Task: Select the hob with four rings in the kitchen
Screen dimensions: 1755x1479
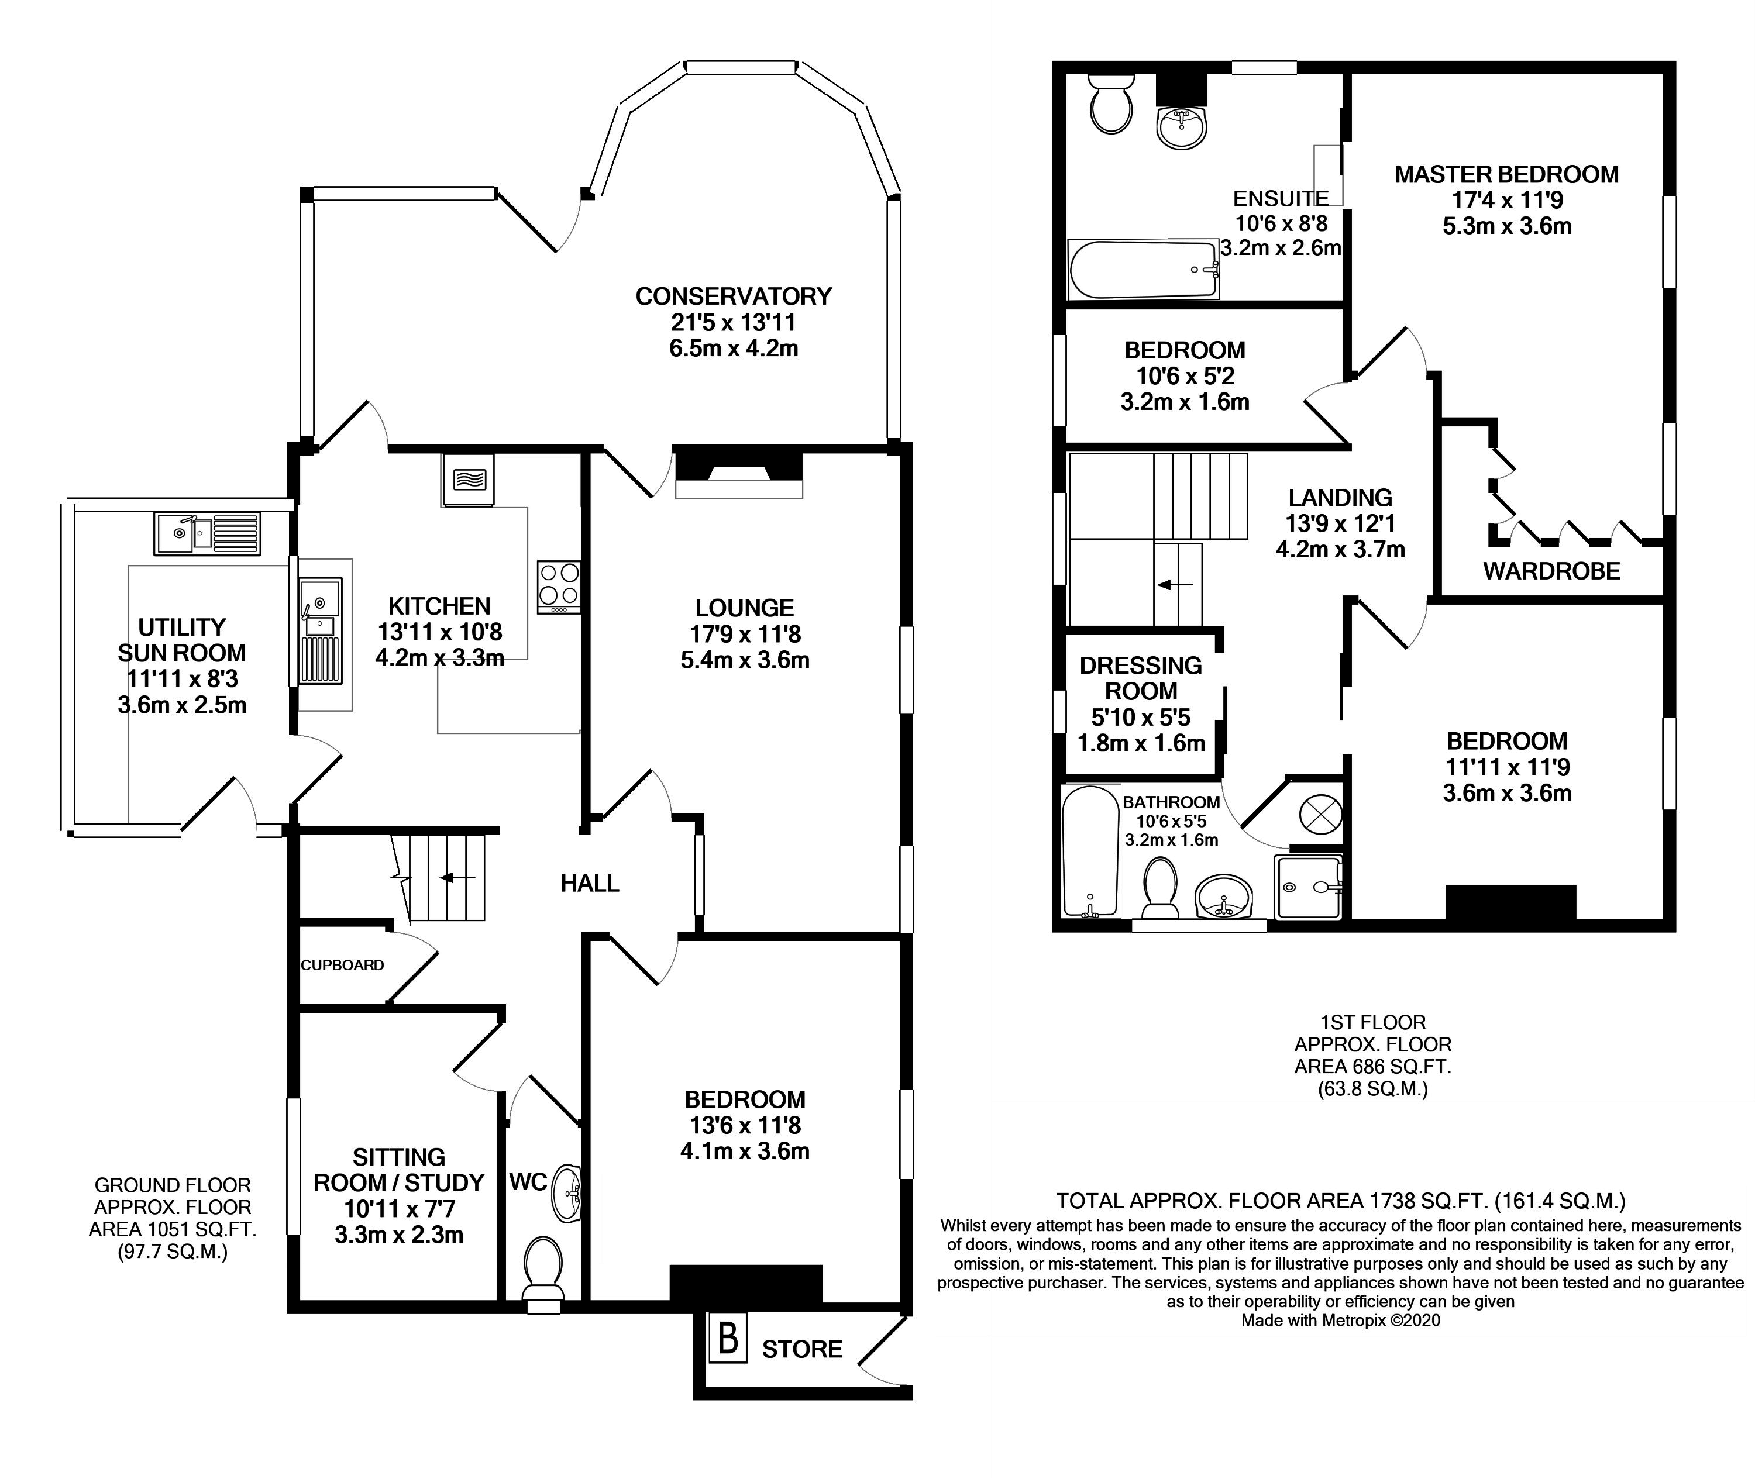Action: tap(559, 586)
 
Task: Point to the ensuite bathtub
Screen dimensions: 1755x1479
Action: tap(1143, 269)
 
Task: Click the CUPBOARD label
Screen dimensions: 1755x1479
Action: tap(342, 965)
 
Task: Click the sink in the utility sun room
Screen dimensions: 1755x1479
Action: tap(207, 533)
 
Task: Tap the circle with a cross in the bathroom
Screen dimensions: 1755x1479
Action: tap(1320, 814)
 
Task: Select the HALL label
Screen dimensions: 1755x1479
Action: tap(590, 883)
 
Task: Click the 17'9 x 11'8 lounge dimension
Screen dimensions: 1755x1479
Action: tap(745, 634)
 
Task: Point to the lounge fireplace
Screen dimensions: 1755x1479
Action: tap(739, 474)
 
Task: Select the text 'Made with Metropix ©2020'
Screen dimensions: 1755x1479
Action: tap(1341, 1321)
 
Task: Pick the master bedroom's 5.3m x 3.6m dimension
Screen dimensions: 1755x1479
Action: tap(1507, 226)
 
